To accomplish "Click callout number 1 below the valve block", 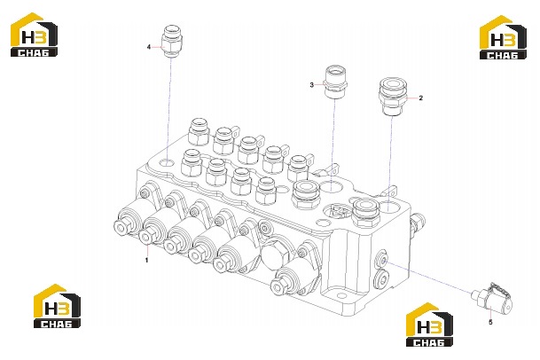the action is [x=146, y=260].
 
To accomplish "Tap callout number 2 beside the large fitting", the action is [x=420, y=98].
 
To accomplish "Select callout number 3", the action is [x=311, y=85].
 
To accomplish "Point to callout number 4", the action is [x=149, y=47].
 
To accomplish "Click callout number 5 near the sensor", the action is [x=490, y=322].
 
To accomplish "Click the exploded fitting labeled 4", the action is [x=171, y=42].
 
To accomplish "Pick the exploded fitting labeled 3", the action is [x=336, y=82].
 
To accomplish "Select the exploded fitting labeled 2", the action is [x=393, y=97].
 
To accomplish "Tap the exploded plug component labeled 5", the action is [x=492, y=298].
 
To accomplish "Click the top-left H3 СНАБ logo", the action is [x=34, y=35].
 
